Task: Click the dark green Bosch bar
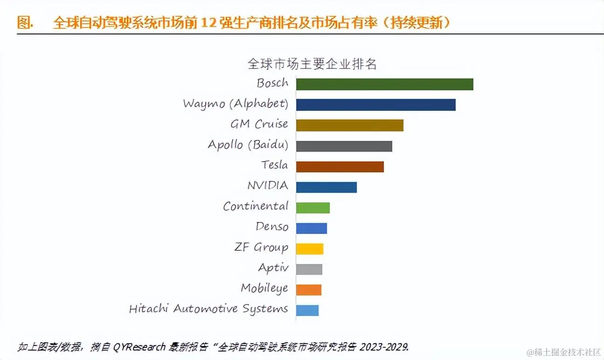click(x=384, y=84)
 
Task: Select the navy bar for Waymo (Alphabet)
click(x=376, y=105)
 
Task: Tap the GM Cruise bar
click(x=350, y=125)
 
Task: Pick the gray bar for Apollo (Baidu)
click(x=344, y=146)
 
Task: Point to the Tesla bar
click(x=340, y=166)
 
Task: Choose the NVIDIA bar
click(x=326, y=187)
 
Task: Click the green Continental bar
click(x=313, y=208)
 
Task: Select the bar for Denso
click(x=311, y=228)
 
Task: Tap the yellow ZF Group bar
click(x=309, y=249)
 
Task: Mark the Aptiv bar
click(x=309, y=269)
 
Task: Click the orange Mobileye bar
click(x=309, y=290)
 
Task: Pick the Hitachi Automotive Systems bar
click(x=307, y=310)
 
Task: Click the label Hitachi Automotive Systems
click(x=208, y=309)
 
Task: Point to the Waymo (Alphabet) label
click(x=235, y=104)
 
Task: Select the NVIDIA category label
click(x=268, y=186)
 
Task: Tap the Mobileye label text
click(x=264, y=289)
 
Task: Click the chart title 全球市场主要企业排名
click(x=312, y=64)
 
